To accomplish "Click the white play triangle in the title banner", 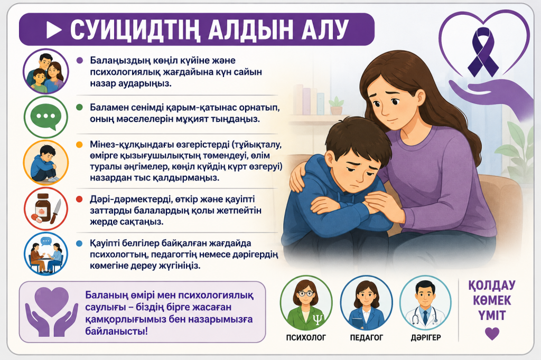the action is tap(53, 30).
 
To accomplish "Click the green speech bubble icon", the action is tap(46, 116).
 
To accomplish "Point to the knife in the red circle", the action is tap(55, 211).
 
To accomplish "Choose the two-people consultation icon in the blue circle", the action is tap(46, 254).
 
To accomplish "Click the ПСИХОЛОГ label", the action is tap(306, 338).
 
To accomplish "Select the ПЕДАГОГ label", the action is tap(367, 338).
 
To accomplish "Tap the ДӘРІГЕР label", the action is tap(426, 337).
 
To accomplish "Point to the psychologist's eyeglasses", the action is tap(306, 294).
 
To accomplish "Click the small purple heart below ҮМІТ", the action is tap(492, 333).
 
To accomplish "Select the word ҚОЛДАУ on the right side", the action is tap(492, 286).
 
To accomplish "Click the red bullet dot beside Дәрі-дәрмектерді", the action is tap(79, 200).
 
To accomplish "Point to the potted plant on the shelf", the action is tap(336, 106).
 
